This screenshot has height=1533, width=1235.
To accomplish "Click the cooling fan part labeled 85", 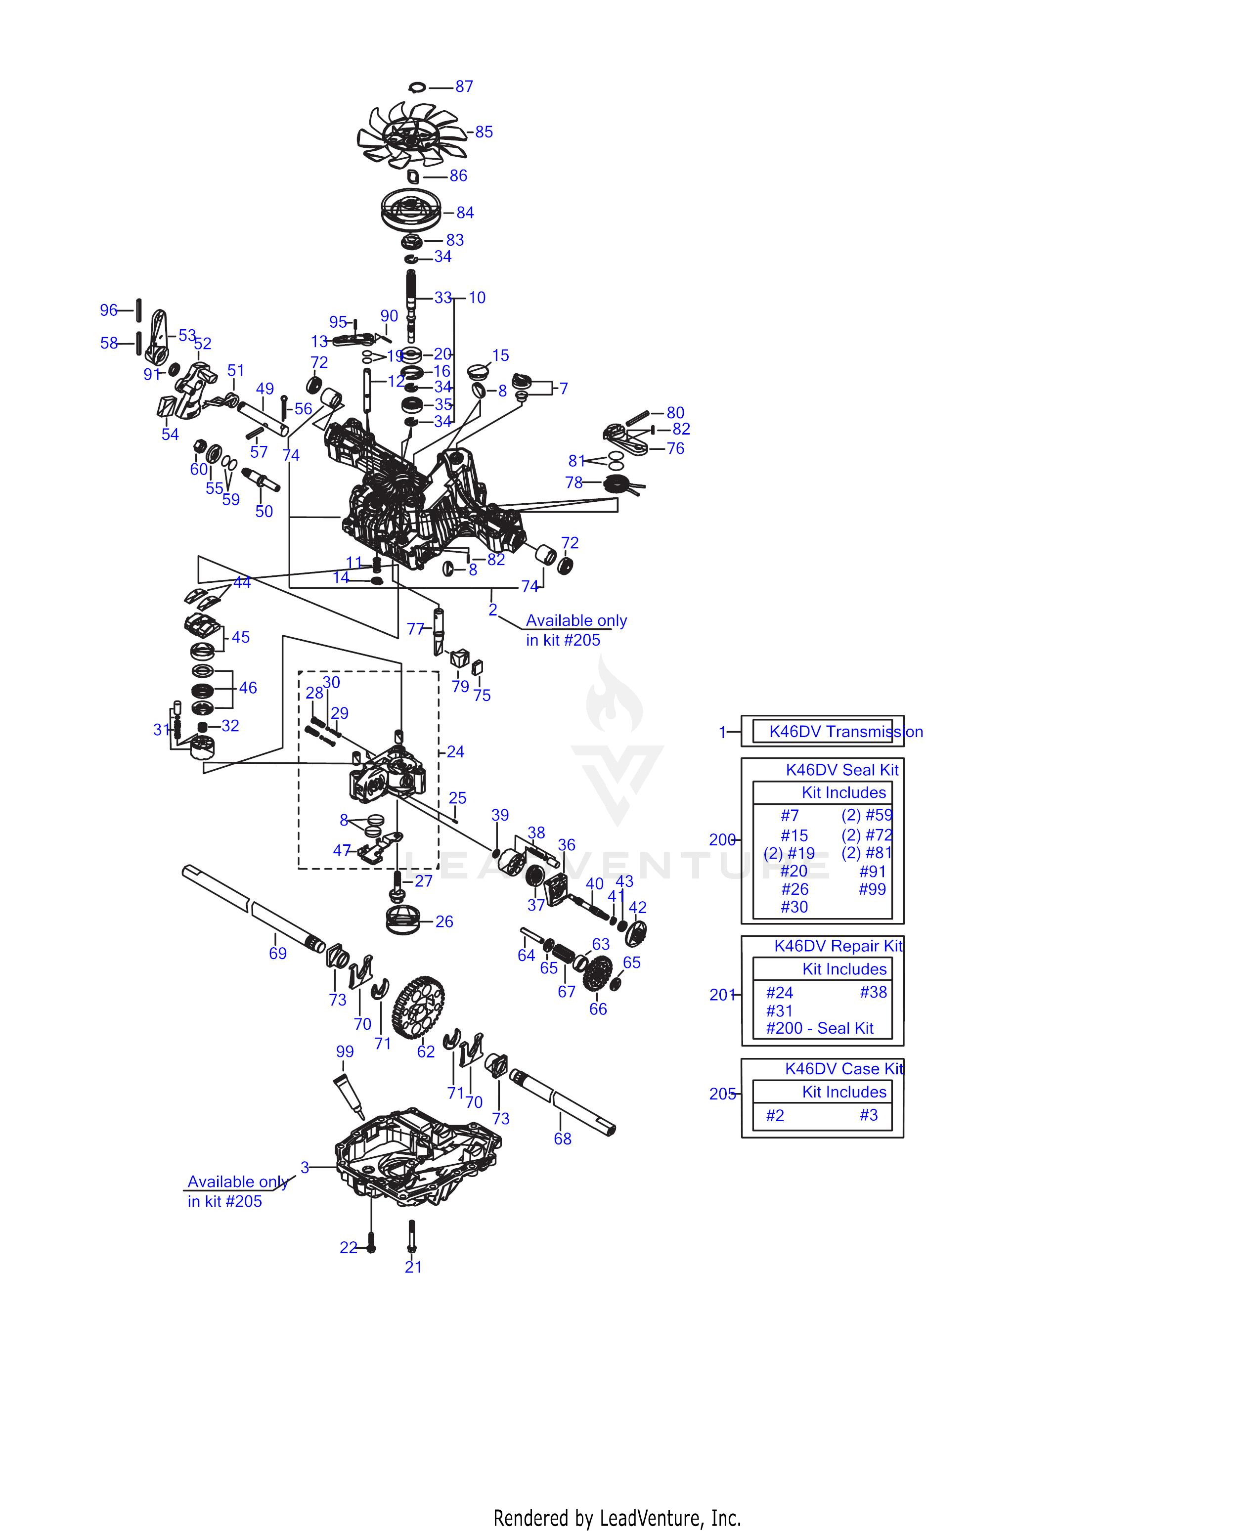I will point(411,134).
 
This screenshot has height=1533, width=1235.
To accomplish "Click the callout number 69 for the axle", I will point(277,953).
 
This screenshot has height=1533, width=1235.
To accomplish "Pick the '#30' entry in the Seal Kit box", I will point(794,907).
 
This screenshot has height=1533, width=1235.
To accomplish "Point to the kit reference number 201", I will point(721,995).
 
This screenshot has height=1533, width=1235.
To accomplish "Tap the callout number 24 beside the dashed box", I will point(455,752).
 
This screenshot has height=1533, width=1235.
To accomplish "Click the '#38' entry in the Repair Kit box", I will point(873,992).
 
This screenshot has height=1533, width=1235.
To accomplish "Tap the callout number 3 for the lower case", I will point(305,1167).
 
